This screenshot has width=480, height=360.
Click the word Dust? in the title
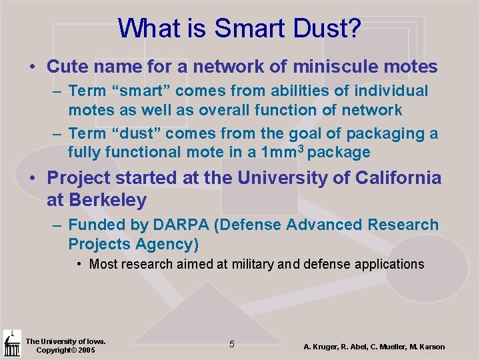327,28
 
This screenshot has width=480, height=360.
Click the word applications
385,265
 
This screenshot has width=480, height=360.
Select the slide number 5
231,344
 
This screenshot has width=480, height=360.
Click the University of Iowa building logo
12,344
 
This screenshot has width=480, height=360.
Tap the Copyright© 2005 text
65,350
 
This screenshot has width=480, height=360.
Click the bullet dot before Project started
33,179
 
